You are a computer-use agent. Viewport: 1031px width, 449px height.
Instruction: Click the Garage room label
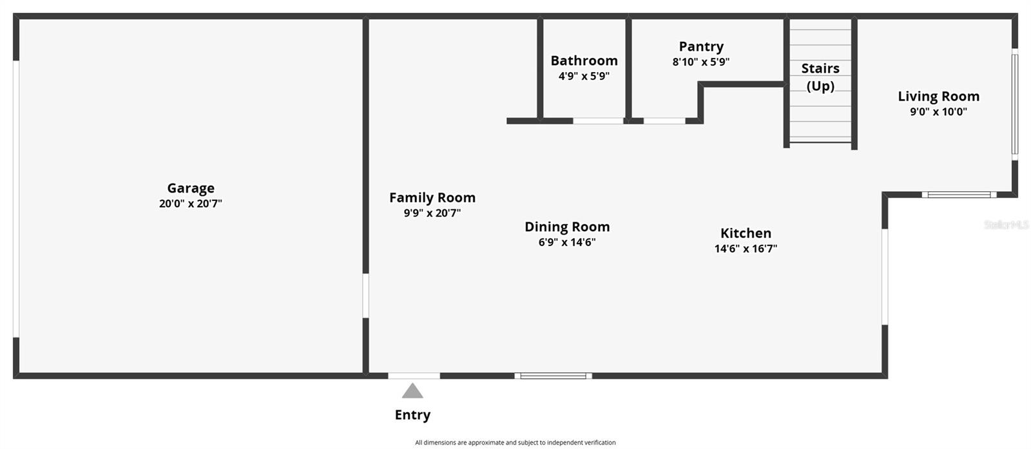click(191, 188)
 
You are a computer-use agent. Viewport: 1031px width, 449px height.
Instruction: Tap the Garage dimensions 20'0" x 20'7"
click(191, 204)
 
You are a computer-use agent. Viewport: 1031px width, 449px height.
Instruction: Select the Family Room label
click(432, 198)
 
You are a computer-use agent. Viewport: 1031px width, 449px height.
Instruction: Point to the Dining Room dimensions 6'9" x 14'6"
click(567, 242)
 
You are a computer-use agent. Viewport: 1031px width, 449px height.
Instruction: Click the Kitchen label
click(746, 233)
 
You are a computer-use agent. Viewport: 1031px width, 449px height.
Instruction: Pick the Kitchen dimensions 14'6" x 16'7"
click(746, 249)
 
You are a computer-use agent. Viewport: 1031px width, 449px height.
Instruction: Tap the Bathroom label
click(584, 61)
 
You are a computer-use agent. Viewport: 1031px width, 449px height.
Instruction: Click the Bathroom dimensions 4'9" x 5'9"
click(584, 76)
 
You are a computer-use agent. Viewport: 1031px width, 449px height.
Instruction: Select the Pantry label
click(701, 46)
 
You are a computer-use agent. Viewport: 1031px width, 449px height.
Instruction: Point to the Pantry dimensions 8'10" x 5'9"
click(701, 62)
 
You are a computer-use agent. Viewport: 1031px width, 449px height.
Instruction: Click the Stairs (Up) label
click(820, 77)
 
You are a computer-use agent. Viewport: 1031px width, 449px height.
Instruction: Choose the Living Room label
click(938, 96)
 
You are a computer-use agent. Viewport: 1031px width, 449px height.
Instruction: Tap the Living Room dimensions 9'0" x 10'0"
click(938, 111)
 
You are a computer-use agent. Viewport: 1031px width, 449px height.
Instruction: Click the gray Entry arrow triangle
click(412, 390)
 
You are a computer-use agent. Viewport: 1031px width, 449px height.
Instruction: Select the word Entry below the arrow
click(412, 415)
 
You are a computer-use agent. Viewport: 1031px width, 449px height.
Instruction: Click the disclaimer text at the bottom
click(515, 443)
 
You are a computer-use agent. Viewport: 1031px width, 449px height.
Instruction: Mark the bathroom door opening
click(598, 121)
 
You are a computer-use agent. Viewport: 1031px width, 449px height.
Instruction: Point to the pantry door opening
click(664, 121)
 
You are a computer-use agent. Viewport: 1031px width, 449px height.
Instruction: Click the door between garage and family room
click(365, 296)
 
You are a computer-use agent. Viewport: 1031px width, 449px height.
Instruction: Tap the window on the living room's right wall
click(1014, 104)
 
